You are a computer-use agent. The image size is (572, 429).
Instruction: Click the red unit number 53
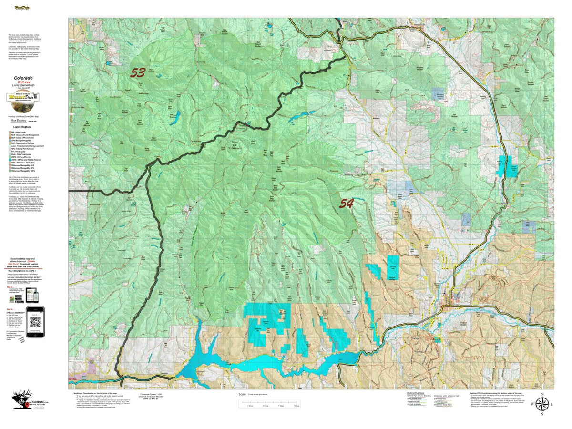click(138, 73)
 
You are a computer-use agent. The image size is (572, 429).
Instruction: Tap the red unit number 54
click(347, 204)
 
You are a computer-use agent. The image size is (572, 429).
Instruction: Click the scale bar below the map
click(270, 405)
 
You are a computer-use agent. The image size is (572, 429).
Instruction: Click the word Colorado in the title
click(23, 78)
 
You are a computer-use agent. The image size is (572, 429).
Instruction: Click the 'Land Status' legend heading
click(23, 127)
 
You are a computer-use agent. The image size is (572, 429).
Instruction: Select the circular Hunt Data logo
click(23, 97)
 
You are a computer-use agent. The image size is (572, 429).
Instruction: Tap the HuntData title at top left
click(21, 8)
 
